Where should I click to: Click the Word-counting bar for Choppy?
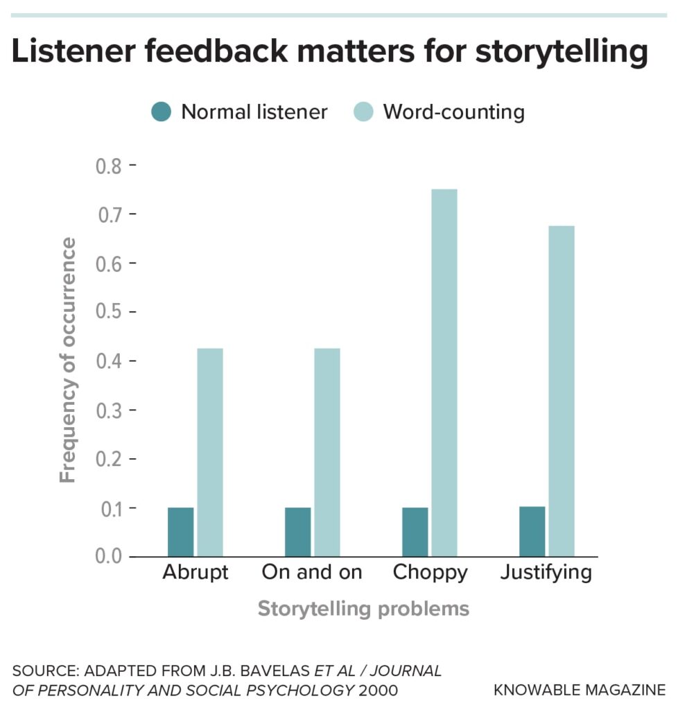(x=444, y=373)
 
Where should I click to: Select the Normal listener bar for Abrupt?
(x=181, y=532)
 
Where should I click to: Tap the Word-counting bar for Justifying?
(x=561, y=391)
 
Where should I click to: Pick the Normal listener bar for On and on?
(x=298, y=532)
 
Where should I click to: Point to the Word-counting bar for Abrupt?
(x=210, y=452)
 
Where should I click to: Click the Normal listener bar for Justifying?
(x=532, y=531)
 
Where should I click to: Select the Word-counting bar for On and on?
(x=327, y=452)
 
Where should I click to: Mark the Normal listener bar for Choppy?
(x=415, y=532)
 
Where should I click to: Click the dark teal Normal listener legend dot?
(x=161, y=112)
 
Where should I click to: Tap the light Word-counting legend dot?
(x=363, y=112)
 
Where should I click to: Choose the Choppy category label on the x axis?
(x=430, y=573)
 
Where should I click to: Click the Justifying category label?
(x=546, y=573)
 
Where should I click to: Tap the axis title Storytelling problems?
(x=363, y=609)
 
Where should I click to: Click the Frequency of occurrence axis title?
(x=68, y=361)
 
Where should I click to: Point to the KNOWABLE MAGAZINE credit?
(x=580, y=690)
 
